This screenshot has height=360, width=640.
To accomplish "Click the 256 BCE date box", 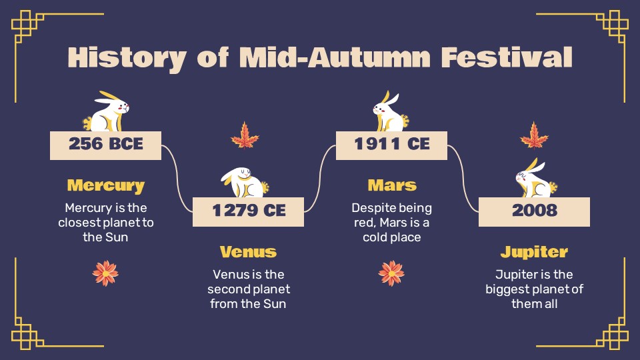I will click(106, 145).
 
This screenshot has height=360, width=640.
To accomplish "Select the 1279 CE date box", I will click(249, 211).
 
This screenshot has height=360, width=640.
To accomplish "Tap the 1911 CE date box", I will click(391, 145).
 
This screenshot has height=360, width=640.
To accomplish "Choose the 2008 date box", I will click(534, 211).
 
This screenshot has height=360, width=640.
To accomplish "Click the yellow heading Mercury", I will click(106, 185).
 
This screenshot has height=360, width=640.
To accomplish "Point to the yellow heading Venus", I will click(249, 252).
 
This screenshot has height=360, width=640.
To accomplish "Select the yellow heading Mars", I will click(391, 185).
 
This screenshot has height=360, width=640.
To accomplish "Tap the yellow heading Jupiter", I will click(534, 252).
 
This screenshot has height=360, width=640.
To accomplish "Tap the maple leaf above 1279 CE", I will click(245, 135).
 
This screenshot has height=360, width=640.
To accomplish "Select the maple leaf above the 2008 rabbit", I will click(534, 135).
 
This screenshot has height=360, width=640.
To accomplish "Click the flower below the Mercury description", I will click(105, 273).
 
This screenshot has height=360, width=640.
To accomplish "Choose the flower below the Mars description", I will click(391, 273).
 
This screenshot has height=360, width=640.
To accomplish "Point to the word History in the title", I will click(127, 57).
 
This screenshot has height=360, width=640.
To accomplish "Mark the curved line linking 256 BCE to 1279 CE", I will click(177, 177).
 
